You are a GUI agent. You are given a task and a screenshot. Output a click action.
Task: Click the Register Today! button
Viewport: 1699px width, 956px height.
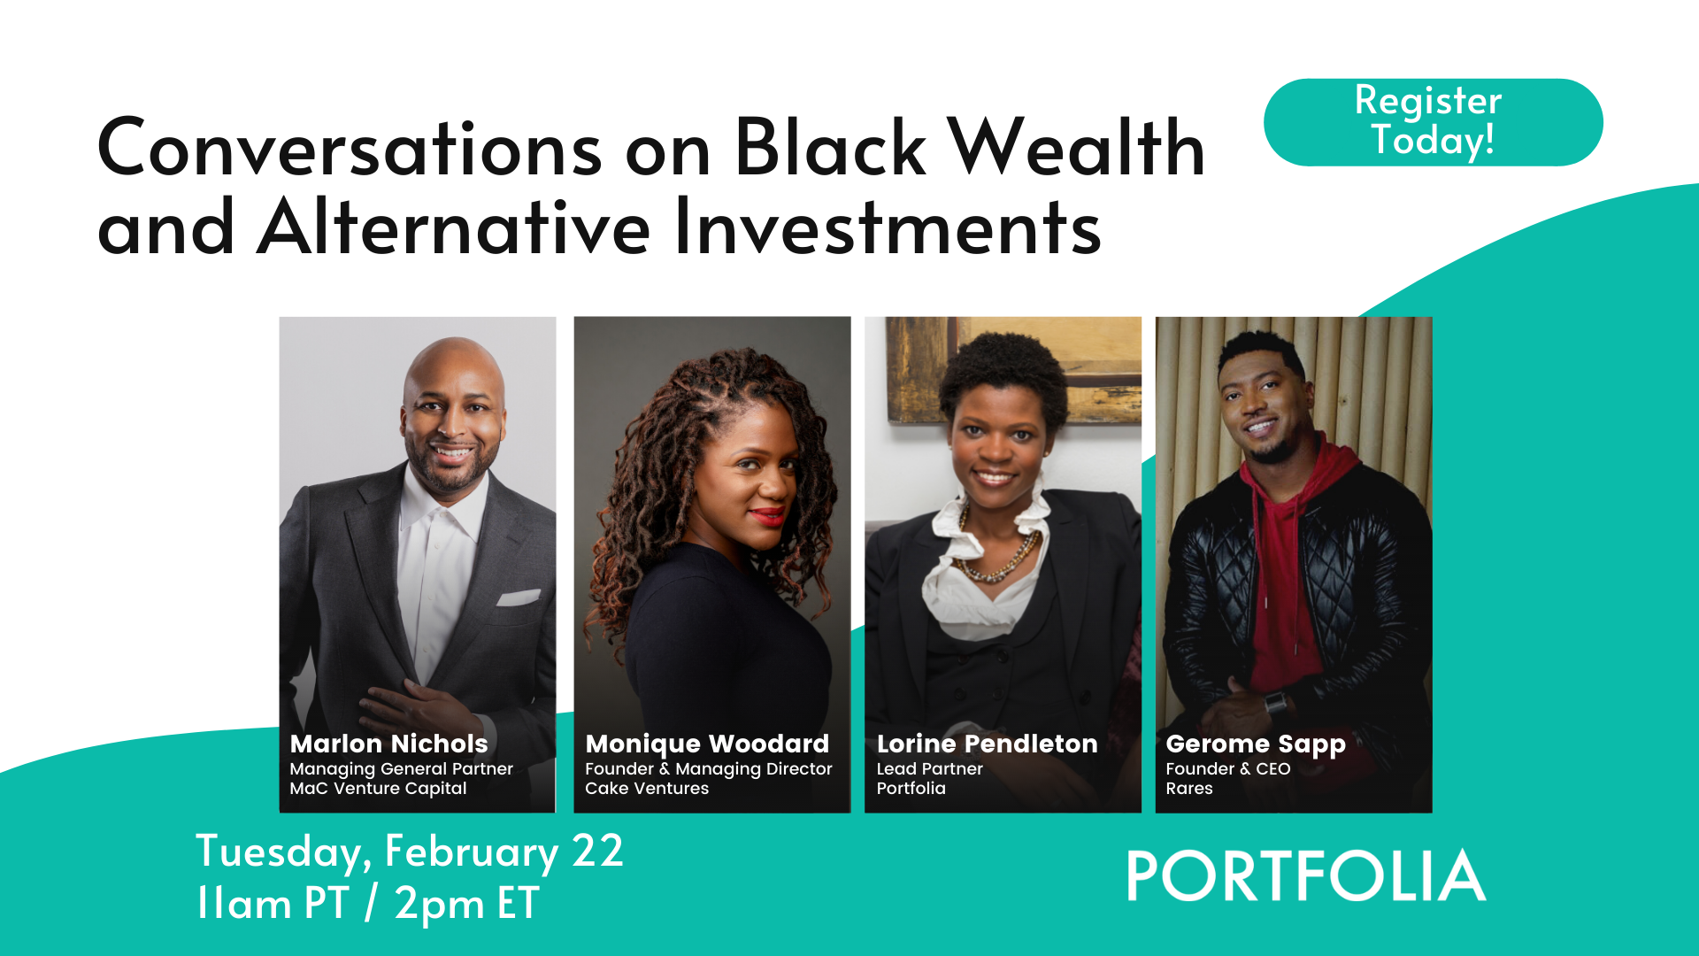pyautogui.click(x=1432, y=122)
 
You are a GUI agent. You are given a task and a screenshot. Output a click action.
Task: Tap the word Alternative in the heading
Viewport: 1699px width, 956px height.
pyautogui.click(x=454, y=227)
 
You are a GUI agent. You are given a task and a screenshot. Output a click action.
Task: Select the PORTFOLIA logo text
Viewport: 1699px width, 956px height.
pyautogui.click(x=1305, y=876)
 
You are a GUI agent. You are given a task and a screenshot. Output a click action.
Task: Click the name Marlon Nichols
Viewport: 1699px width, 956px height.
pyautogui.click(x=388, y=744)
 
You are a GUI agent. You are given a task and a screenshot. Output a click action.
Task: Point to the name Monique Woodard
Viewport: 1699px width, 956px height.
pyautogui.click(x=707, y=744)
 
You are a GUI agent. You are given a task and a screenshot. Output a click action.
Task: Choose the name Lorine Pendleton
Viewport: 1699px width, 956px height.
pyautogui.click(x=987, y=744)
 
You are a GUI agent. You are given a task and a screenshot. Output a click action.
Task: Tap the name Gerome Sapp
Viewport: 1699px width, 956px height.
pyautogui.click(x=1255, y=744)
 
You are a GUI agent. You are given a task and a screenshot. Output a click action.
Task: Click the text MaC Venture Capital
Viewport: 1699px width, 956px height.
pyautogui.click(x=378, y=789)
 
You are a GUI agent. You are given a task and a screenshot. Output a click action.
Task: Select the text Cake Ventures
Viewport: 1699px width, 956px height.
pyautogui.click(x=647, y=789)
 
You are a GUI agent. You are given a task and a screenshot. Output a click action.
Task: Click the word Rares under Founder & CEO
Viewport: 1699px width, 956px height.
pyautogui.click(x=1188, y=789)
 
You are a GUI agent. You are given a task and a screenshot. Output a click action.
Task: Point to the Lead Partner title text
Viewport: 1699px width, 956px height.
pyautogui.click(x=929, y=769)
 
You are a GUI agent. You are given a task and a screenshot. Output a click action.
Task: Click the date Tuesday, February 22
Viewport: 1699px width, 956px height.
pyautogui.click(x=409, y=852)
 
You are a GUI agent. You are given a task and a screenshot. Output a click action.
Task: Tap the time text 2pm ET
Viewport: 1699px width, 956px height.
pyautogui.click(x=466, y=904)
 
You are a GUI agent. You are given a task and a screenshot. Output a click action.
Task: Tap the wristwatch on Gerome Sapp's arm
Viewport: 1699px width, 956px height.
pyautogui.click(x=1275, y=705)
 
